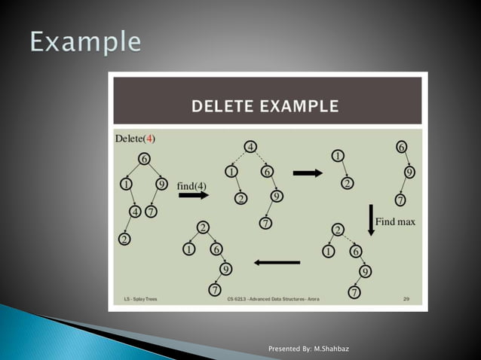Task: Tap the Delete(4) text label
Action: pyautogui.click(x=135, y=139)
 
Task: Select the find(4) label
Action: pyautogui.click(x=191, y=185)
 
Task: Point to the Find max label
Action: pyautogui.click(x=395, y=222)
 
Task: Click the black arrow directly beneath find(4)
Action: pyautogui.click(x=193, y=195)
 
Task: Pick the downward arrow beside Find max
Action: pyautogui.click(x=370, y=218)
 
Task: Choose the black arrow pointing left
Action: pyautogui.click(x=277, y=262)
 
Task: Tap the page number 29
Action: pyautogui.click(x=406, y=299)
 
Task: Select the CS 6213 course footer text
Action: pyautogui.click(x=273, y=299)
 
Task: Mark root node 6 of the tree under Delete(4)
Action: pyautogui.click(x=144, y=158)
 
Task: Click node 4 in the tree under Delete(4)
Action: pyautogui.click(x=134, y=212)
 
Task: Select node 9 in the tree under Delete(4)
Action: pyautogui.click(x=161, y=184)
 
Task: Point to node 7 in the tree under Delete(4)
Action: pyautogui.click(x=151, y=212)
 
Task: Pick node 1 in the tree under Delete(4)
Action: pyautogui.click(x=125, y=184)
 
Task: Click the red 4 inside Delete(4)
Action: pyautogui.click(x=150, y=139)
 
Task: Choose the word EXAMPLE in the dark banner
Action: pyautogui.click(x=301, y=106)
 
